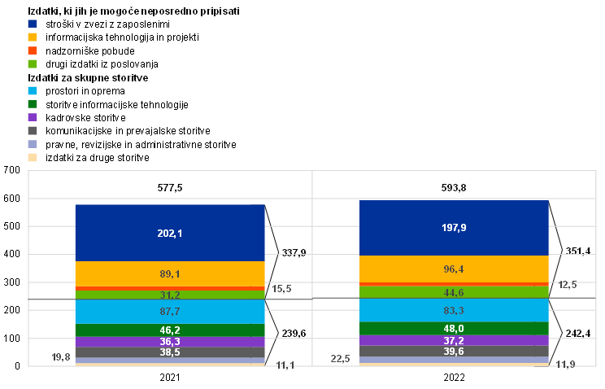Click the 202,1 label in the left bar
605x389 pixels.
[x=170, y=234]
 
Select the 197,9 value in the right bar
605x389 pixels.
[x=454, y=228]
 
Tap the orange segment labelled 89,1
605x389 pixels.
[x=170, y=274]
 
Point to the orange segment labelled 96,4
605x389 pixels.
[x=454, y=269]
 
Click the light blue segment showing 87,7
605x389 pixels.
[x=170, y=312]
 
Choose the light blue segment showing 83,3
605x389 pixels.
[x=454, y=311]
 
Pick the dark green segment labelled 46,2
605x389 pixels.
[x=170, y=330]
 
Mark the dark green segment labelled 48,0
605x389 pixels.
[x=454, y=329]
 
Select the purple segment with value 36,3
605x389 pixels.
[x=170, y=342]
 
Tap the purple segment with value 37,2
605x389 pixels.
[x=454, y=340]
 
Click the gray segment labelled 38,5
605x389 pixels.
[x=170, y=352]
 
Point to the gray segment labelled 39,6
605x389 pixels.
[x=454, y=352]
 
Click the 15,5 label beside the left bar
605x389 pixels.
[x=281, y=289]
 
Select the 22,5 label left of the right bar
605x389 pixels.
[x=340, y=359]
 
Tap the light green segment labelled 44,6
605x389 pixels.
[x=454, y=292]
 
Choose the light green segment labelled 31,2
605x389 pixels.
[x=170, y=295]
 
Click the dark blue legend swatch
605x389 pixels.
[x=33, y=24]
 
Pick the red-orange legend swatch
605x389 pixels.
[x=33, y=50]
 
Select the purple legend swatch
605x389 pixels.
[x=33, y=117]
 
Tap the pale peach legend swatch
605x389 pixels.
[x=33, y=157]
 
